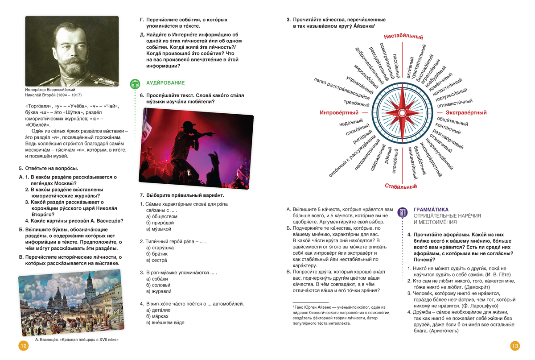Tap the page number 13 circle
coord(515,346)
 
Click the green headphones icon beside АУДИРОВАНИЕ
coord(135,83)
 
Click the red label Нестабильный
coord(403,37)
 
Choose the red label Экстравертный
coord(465,112)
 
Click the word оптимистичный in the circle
coord(455,103)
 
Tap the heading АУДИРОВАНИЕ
coord(165,83)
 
